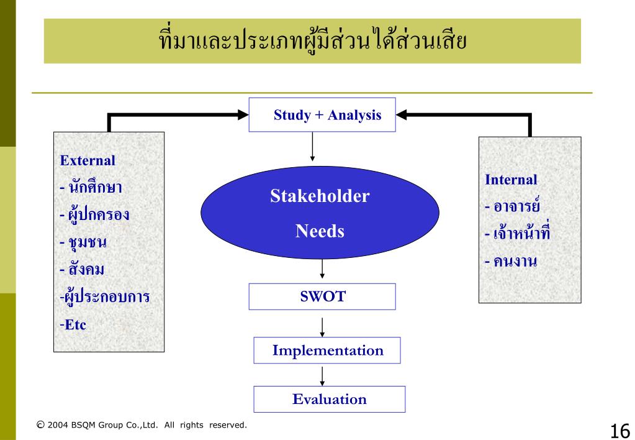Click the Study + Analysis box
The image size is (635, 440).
pos(322,116)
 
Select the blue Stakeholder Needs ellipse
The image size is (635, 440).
pos(320,215)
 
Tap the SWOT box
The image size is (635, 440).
pos(323,296)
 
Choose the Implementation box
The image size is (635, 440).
pos(327,351)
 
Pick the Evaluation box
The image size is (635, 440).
pos(329,399)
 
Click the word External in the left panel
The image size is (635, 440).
pos(88,160)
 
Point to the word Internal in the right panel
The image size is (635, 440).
pos(511,180)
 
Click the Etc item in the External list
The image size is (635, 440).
pos(74,324)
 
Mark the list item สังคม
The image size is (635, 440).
pos(84,269)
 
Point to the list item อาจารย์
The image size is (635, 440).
pos(516,206)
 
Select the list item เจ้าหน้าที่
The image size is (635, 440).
pos(519,234)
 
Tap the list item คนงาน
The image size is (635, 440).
pos(513,261)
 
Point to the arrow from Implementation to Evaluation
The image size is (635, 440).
pos(322,375)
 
